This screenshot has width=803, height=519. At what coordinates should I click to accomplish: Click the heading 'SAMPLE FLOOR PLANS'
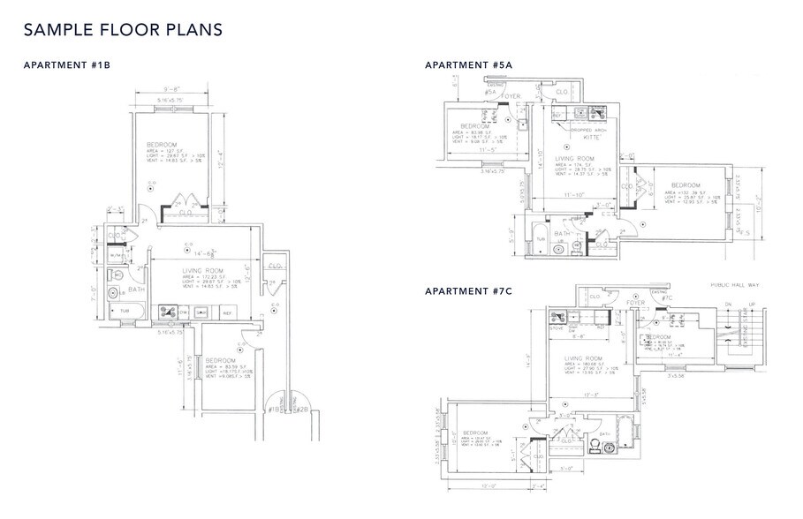(122, 29)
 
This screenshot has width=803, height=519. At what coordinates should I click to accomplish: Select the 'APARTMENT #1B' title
(66, 65)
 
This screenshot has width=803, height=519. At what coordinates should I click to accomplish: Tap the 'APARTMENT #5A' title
(468, 65)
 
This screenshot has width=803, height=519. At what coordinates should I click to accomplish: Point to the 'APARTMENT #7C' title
(468, 291)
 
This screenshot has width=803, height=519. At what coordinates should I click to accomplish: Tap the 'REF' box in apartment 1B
(226, 312)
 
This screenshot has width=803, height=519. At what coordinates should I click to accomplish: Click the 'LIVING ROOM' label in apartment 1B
(201, 271)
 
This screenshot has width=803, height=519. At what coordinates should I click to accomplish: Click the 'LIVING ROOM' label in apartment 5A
(574, 160)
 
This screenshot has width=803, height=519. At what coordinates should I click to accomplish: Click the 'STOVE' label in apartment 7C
(557, 327)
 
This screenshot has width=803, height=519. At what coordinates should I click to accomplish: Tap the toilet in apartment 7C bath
(608, 448)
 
